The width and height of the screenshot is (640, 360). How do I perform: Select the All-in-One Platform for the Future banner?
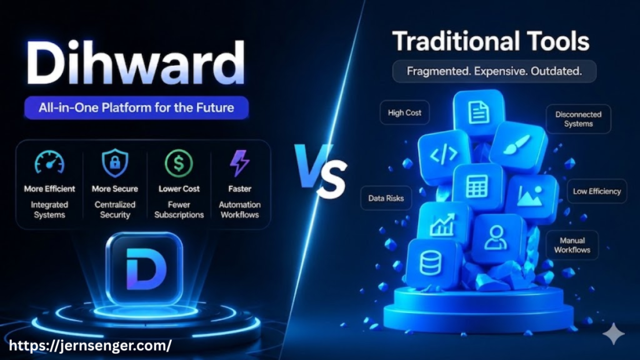pyautogui.click(x=136, y=107)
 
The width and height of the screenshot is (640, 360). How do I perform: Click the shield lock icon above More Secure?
pyautogui.click(x=115, y=163)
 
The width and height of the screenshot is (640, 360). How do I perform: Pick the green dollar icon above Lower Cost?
pyautogui.click(x=179, y=163)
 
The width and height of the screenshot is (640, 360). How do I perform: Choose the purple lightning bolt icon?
pyautogui.click(x=239, y=163)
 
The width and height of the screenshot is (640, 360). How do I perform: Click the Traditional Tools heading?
pyautogui.click(x=491, y=42)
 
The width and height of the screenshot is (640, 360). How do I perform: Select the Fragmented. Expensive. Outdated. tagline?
pyautogui.click(x=494, y=71)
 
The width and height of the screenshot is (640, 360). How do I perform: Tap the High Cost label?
pyautogui.click(x=404, y=113)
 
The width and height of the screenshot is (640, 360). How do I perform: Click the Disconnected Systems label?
pyautogui.click(x=578, y=119)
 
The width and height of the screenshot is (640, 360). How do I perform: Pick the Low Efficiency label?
pyautogui.click(x=597, y=191)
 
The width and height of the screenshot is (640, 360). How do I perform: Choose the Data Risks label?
pyautogui.click(x=386, y=199)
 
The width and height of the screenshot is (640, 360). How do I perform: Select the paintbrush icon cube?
pyautogui.click(x=517, y=147)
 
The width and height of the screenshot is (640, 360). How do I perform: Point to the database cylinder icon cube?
pyautogui.click(x=431, y=262)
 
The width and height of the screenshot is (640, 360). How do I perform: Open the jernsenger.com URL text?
pyautogui.click(x=88, y=344)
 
